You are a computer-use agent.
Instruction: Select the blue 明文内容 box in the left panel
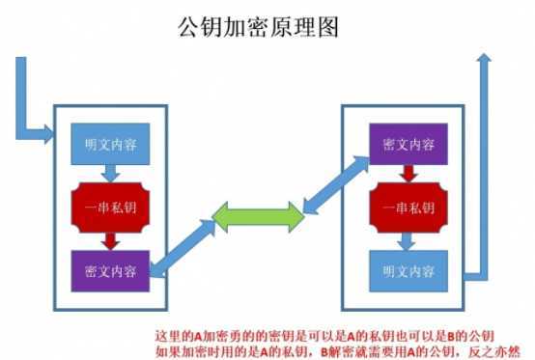[111, 146]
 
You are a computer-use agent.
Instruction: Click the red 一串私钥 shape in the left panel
[111, 207]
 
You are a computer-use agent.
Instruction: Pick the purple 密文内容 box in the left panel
[111, 269]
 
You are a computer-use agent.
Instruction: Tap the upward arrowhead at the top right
[486, 62]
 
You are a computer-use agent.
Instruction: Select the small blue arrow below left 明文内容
[111, 174]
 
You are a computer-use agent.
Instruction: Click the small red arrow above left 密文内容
[111, 238]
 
